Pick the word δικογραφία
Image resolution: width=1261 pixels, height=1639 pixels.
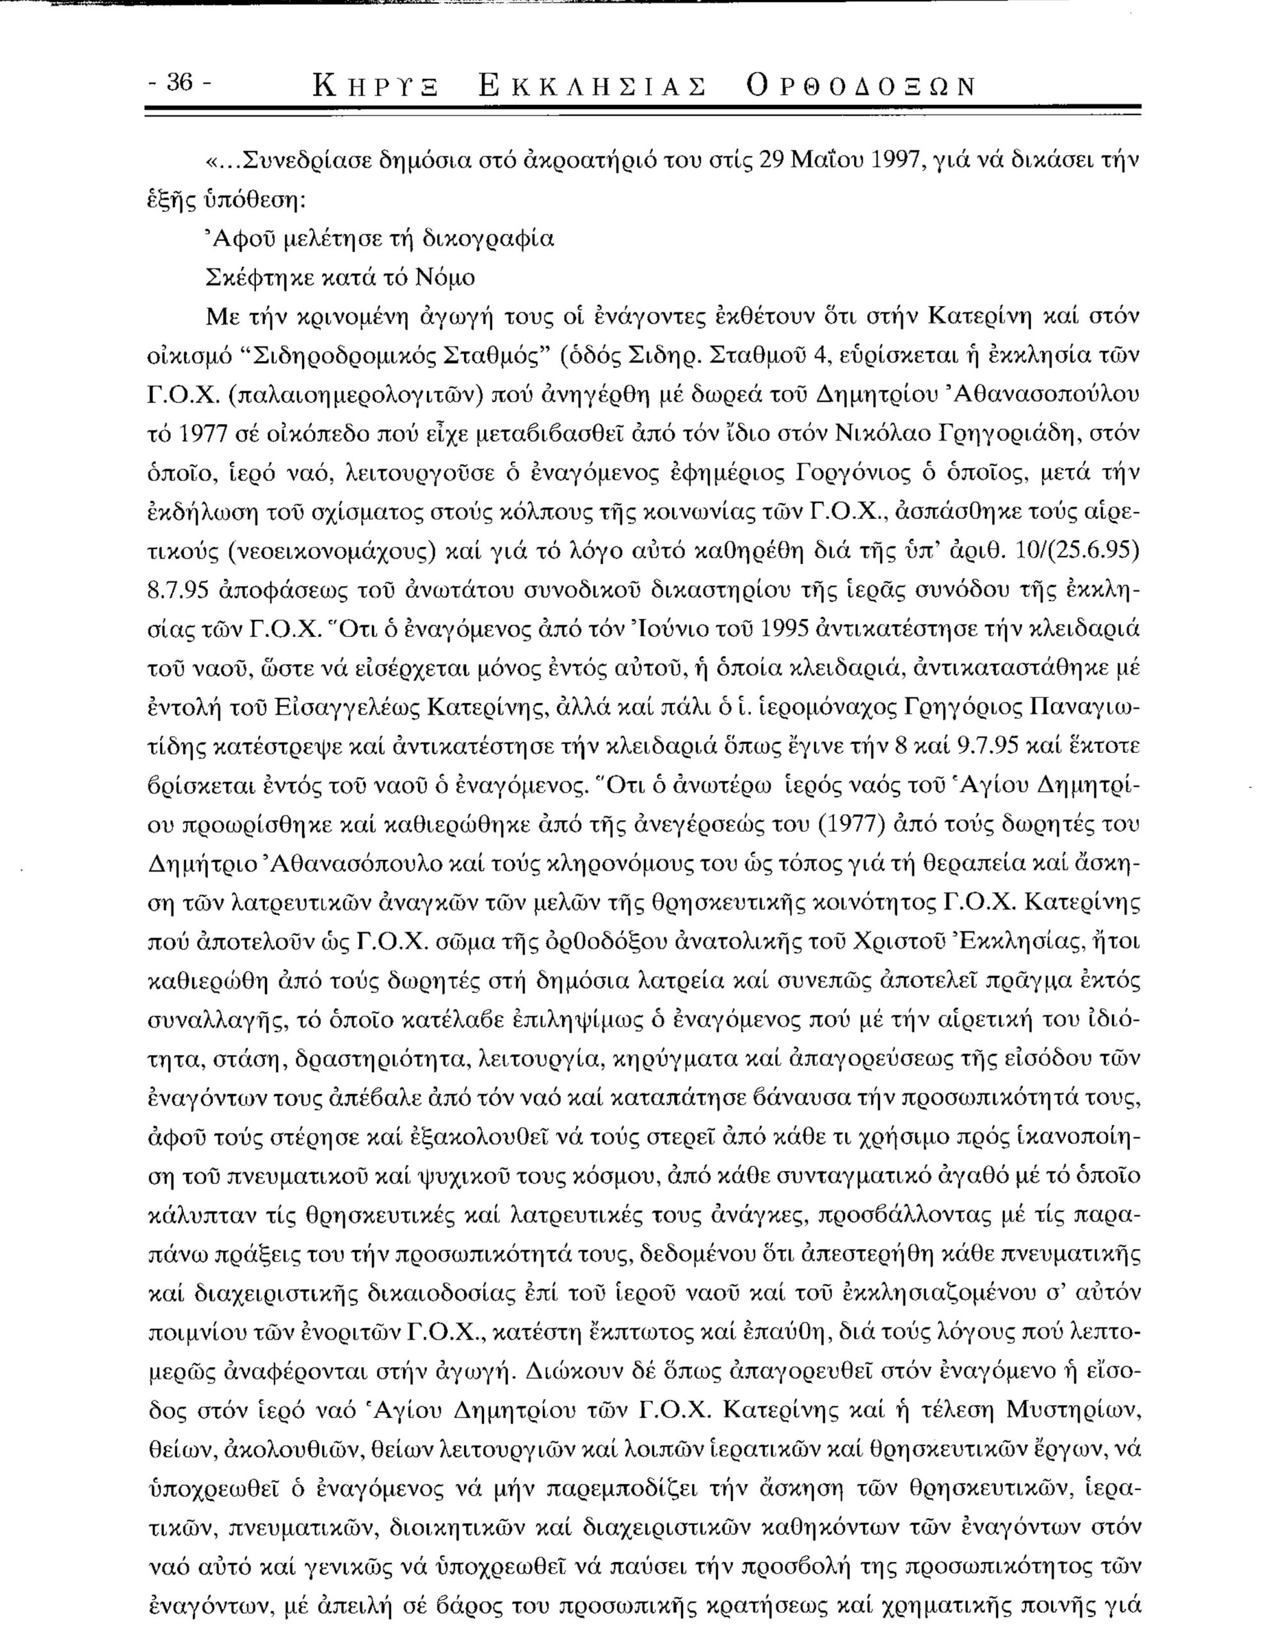click(x=481, y=240)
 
